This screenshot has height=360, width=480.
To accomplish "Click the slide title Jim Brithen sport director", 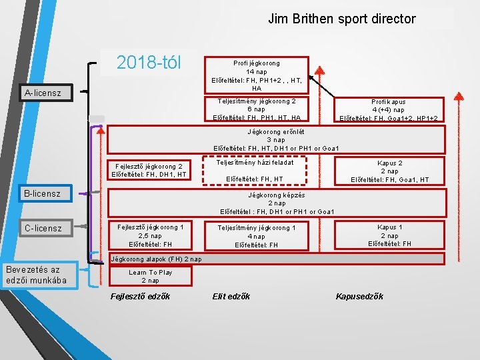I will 341,19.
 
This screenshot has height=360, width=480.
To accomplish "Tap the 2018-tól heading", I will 149,63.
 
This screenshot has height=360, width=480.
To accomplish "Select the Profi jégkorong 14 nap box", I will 257,75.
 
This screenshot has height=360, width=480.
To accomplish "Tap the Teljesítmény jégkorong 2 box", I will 257,109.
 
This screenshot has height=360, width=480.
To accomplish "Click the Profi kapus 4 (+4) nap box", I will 389,110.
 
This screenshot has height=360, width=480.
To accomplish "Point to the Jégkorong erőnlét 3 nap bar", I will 276,140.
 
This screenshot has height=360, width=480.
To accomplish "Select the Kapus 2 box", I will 389,171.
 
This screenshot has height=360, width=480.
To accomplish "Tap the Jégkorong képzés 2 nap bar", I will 276,203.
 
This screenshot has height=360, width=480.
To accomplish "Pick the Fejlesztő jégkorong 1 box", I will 149,235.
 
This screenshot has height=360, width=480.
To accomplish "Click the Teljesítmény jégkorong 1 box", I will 256,236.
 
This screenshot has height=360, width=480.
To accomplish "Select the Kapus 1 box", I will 389,235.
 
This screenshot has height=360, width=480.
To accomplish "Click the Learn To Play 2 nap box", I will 150,276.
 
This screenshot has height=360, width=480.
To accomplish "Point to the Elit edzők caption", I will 231,297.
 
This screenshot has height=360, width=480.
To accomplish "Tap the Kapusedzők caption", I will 359,297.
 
